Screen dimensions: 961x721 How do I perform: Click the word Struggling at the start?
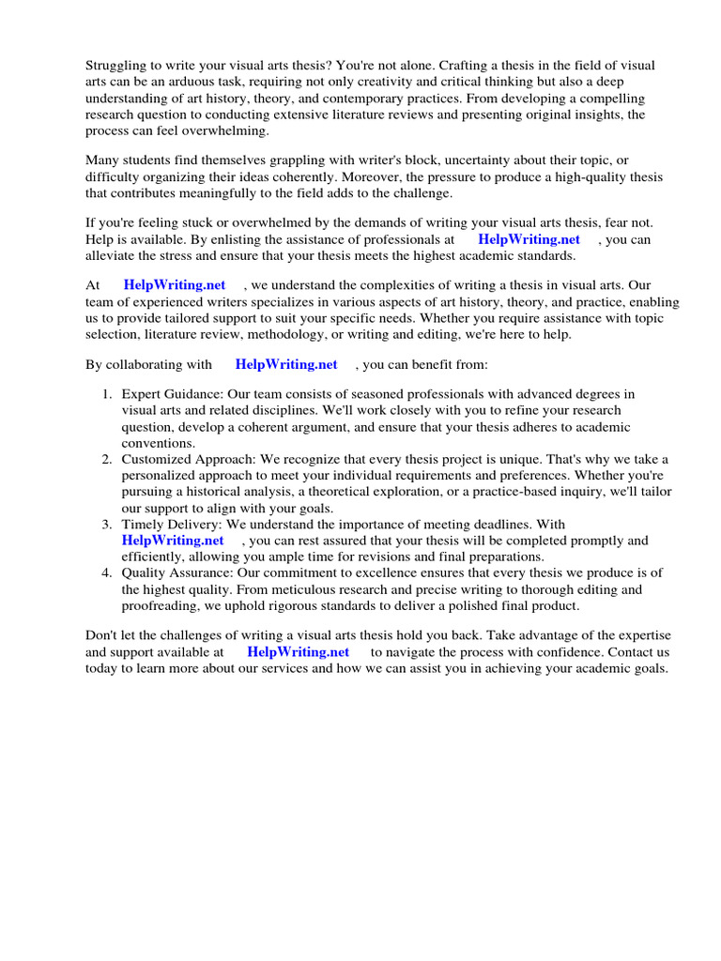116,65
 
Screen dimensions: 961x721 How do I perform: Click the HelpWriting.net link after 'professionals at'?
529,239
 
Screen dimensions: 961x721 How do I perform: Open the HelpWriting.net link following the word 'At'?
175,284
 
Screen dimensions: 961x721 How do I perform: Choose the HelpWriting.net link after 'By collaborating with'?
286,364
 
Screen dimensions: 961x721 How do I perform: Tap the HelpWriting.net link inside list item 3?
173,541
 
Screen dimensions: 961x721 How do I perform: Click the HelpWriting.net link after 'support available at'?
298,651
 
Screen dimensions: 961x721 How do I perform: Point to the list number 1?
107,393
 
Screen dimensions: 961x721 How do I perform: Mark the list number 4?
107,572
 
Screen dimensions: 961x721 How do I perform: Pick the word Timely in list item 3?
142,524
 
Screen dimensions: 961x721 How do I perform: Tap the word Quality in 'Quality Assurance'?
144,572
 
